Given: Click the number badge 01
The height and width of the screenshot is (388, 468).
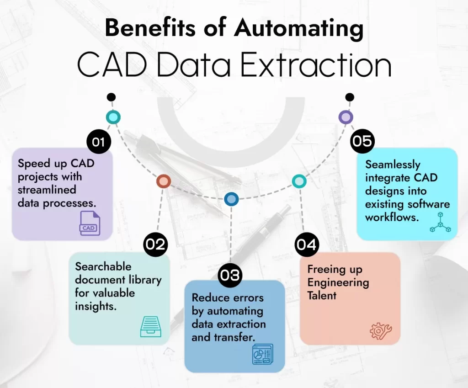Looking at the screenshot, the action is (99, 142).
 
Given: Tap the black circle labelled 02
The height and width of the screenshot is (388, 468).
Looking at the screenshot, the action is (155, 244).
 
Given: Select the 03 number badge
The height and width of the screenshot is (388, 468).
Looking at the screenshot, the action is (229, 275).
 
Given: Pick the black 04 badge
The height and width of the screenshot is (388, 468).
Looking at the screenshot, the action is (307, 244).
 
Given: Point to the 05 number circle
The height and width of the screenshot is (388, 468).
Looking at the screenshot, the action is (362, 141).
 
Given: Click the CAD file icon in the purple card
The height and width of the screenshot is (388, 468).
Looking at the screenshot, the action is (90, 223).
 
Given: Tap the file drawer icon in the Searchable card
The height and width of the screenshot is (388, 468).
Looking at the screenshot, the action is (151, 327).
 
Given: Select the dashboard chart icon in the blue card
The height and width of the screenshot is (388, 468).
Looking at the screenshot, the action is (263, 354).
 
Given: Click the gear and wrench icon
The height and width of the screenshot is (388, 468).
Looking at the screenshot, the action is (381, 331).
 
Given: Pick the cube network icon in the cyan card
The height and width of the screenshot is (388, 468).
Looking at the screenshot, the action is (440, 223).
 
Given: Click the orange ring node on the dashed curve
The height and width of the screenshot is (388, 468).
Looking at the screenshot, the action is (164, 181).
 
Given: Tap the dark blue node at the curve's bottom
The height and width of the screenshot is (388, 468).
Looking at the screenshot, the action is (231, 199).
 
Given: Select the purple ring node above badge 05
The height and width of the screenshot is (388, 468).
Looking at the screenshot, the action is (346, 117).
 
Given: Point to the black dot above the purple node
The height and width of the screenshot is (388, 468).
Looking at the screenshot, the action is (350, 97).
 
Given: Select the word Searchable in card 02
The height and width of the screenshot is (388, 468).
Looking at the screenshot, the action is (103, 266).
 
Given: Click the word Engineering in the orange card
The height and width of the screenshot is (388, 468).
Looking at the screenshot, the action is (338, 283).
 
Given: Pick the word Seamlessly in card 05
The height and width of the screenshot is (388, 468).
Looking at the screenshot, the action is (393, 165).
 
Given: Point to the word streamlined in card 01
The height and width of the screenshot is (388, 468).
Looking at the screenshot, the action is (47, 190).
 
